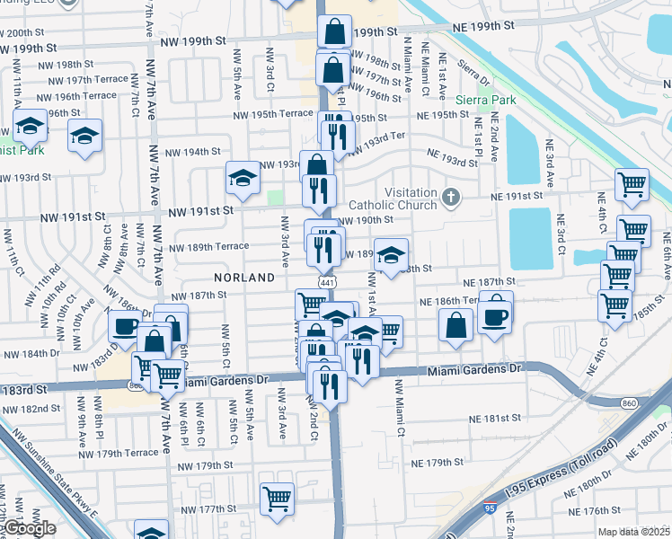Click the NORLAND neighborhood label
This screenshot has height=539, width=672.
[244, 278]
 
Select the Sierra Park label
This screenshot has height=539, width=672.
[486, 100]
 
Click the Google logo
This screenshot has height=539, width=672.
[29, 528]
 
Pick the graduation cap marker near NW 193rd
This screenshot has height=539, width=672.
[242, 179]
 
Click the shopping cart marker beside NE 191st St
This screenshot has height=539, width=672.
[632, 184]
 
